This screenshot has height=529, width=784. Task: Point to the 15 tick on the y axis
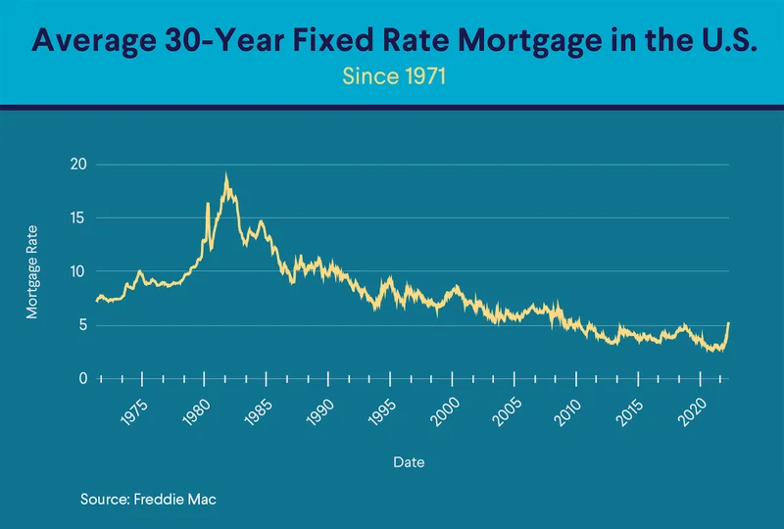pyautogui.click(x=78, y=217)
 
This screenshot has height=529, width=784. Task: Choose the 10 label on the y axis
pyautogui.click(x=78, y=271)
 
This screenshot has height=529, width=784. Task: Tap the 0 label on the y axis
pyautogui.click(x=82, y=378)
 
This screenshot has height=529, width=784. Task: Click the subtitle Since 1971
pyautogui.click(x=392, y=75)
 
